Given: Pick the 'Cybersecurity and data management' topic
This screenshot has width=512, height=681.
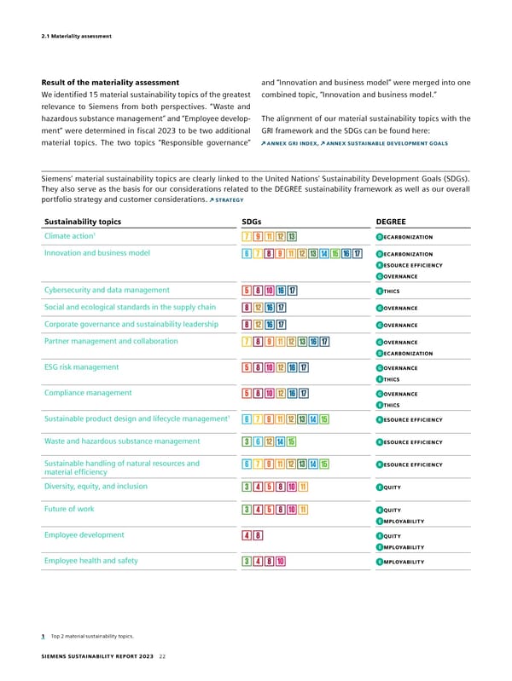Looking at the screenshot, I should click(107, 290).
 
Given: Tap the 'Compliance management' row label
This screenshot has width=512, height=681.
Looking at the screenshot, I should click(87, 393).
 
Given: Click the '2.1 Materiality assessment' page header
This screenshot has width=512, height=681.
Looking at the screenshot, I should click(75, 35).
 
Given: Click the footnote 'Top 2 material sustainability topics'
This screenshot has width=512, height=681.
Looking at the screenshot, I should click(94, 636).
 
